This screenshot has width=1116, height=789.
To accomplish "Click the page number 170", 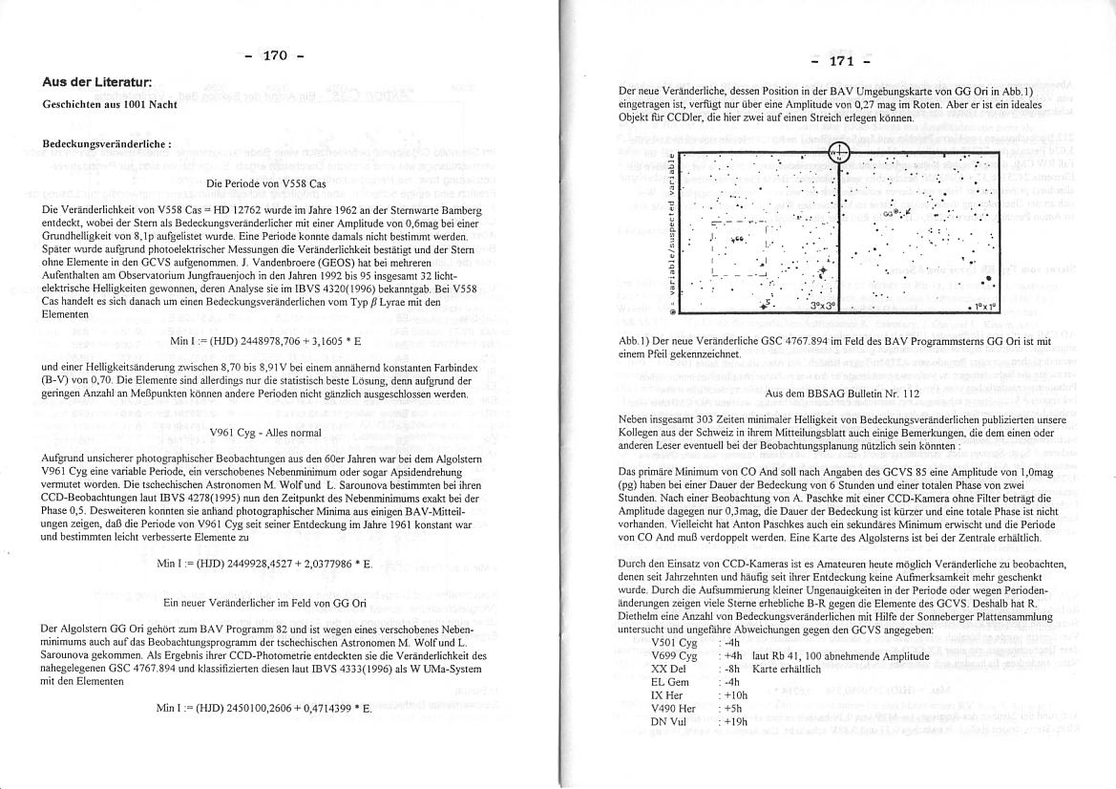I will point(275,56).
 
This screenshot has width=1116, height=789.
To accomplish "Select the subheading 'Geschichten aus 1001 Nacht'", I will point(110,103).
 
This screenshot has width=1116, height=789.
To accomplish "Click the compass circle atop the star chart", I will point(838,153).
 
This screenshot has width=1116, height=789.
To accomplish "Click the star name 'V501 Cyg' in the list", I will point(673,643).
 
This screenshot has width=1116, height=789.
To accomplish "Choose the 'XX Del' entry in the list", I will point(668,670).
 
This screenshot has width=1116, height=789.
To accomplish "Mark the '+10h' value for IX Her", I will point(737,695).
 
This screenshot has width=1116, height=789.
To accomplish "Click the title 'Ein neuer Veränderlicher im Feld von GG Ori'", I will point(264,603).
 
